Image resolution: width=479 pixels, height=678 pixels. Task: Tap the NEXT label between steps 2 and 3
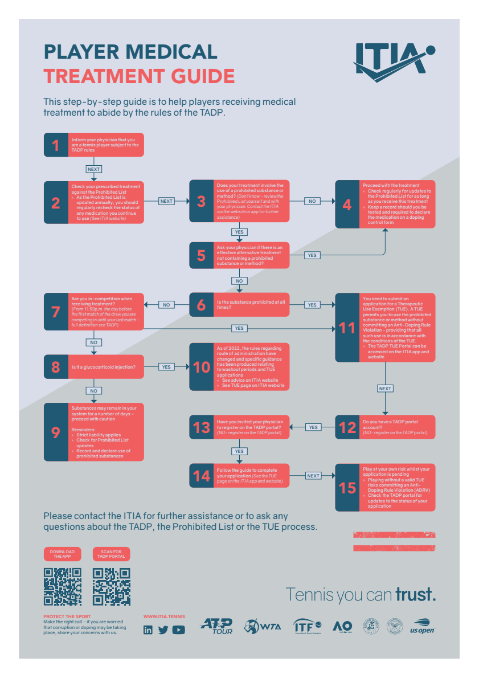[166, 201]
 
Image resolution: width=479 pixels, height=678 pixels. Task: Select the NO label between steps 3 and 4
[312, 201]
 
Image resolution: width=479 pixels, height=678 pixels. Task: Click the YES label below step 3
[239, 232]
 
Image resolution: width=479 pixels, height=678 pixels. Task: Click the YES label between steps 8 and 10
[166, 367]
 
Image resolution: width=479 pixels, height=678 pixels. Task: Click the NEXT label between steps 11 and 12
[385, 389]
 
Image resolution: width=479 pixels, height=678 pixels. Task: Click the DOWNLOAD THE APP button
[62, 554]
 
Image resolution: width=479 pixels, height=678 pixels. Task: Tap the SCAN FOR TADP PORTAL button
[111, 554]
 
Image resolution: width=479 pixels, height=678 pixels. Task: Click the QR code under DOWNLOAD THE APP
[63, 587]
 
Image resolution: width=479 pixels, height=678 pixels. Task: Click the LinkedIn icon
[148, 630]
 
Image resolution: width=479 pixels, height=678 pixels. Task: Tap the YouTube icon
[179, 630]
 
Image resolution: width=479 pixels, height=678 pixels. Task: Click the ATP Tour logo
[217, 626]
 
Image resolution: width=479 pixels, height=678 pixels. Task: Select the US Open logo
[423, 626]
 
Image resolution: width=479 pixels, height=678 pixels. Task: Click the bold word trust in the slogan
[416, 594]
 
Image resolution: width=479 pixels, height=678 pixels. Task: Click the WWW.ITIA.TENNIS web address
[164, 616]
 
